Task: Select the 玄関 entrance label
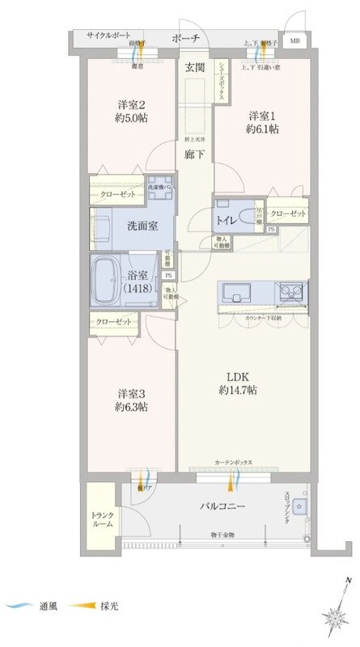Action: [x=193, y=67]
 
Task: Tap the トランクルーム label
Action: [x=101, y=518]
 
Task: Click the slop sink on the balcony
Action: [x=299, y=506]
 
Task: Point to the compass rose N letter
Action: [x=346, y=581]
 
